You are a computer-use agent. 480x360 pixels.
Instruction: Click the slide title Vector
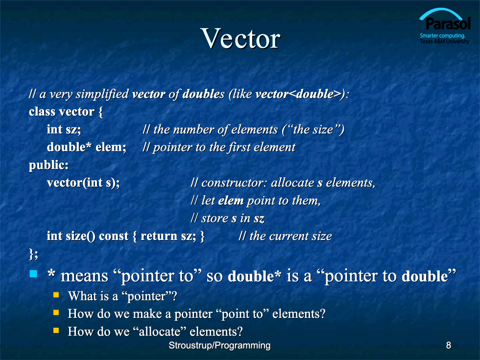pyautogui.click(x=240, y=39)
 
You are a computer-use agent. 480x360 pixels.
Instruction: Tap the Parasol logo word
pyautogui.click(x=448, y=24)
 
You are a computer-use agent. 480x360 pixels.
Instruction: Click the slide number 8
pyautogui.click(x=449, y=345)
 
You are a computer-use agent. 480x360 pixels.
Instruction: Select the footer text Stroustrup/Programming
pyautogui.click(x=219, y=345)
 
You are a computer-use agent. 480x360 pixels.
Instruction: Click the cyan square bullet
pyautogui.click(x=33, y=273)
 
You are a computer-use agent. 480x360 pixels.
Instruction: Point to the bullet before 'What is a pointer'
pyautogui.click(x=56, y=295)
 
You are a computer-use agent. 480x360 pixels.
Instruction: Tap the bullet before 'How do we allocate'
pyautogui.click(x=56, y=330)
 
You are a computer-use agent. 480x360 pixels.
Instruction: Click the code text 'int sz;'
pyautogui.click(x=64, y=129)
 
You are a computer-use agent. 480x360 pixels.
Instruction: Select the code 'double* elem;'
pyautogui.click(x=86, y=147)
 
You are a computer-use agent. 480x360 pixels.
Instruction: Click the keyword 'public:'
pyautogui.click(x=48, y=166)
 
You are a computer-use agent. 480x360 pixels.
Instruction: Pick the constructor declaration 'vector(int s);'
pyautogui.click(x=83, y=183)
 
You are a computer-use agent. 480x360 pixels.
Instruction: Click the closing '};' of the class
pyautogui.click(x=33, y=254)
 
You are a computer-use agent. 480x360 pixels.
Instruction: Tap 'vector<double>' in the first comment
pyautogui.click(x=298, y=94)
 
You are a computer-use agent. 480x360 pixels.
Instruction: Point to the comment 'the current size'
pyautogui.click(x=290, y=236)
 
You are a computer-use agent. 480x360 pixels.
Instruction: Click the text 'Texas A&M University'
pyautogui.click(x=445, y=41)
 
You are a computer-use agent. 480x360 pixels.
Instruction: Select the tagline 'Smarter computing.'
pyautogui.click(x=442, y=35)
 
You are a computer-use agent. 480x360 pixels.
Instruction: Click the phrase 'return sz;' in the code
pyautogui.click(x=168, y=236)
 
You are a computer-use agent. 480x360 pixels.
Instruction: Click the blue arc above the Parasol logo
pyautogui.click(x=441, y=10)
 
